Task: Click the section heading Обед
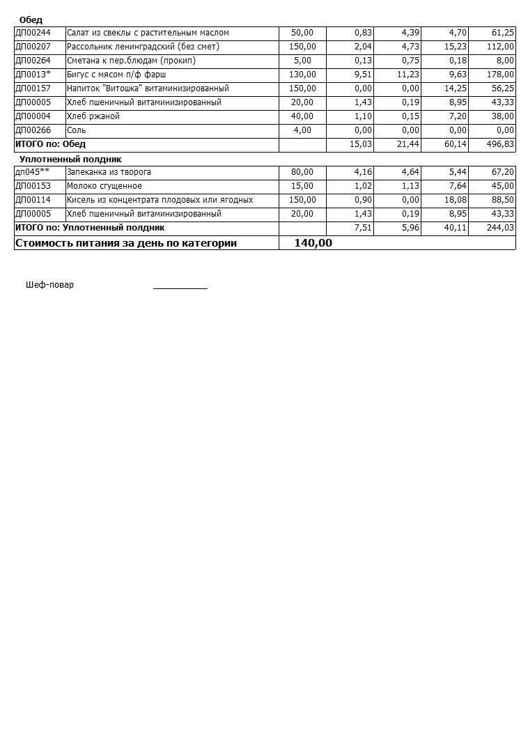pyautogui.click(x=31, y=20)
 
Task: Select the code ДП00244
pyautogui.click(x=33, y=33)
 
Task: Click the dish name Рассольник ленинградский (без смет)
pyautogui.click(x=143, y=47)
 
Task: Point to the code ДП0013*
pyautogui.click(x=33, y=75)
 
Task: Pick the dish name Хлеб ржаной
pyautogui.click(x=93, y=116)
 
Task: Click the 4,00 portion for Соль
pyautogui.click(x=302, y=130)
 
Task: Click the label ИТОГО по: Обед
pyautogui.click(x=50, y=144)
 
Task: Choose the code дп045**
pyautogui.click(x=32, y=172)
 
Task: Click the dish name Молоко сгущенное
pyautogui.click(x=104, y=186)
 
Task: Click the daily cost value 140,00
pyautogui.click(x=313, y=243)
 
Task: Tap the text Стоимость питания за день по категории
pyautogui.click(x=126, y=243)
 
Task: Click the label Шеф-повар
pyautogui.click(x=49, y=285)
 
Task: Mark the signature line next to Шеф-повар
pyautogui.click(x=180, y=287)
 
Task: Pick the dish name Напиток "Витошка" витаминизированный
pyautogui.click(x=148, y=88)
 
